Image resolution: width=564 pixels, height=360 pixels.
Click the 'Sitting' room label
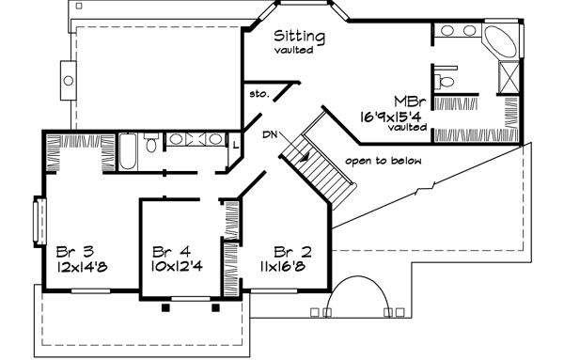point(300,37)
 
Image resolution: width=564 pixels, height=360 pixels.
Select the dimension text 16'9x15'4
point(393,115)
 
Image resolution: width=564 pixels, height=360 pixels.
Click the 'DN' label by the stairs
point(272,134)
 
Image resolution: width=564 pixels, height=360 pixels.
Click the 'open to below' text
point(383,161)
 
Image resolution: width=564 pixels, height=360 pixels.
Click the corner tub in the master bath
point(498,43)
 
